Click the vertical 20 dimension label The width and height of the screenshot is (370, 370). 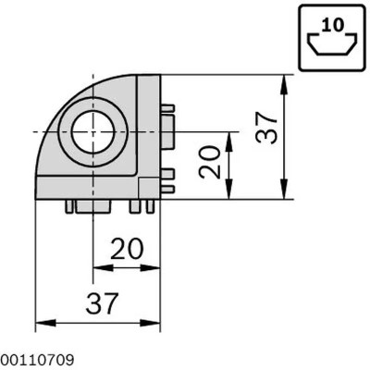[211, 164]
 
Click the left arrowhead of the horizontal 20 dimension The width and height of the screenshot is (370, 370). [98, 268]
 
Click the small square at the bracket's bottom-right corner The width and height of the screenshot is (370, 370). [146, 189]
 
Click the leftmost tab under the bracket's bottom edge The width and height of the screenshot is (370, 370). [70, 206]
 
